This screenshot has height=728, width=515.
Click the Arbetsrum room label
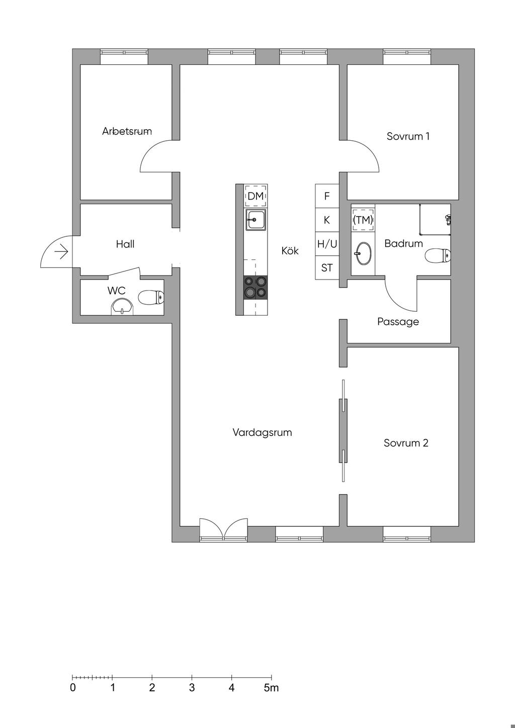127,131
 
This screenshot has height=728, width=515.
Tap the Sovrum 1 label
408,136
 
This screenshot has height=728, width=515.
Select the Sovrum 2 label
406,443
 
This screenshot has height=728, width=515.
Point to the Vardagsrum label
262,432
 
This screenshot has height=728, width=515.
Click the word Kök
290,250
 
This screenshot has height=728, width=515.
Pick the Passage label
398,322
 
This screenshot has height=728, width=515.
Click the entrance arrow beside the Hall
61,251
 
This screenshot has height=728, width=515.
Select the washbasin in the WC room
122,306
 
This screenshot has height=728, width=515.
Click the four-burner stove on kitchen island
255,287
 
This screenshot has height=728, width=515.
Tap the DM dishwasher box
255,196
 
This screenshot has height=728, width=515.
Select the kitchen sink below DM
255,220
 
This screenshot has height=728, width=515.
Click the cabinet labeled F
327,196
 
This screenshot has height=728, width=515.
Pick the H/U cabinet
327,244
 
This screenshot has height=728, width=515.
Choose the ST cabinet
327,268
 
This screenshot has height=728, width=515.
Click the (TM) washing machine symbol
363,220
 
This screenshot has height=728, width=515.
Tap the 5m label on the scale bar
271,688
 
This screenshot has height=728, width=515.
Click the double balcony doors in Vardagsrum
224,530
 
